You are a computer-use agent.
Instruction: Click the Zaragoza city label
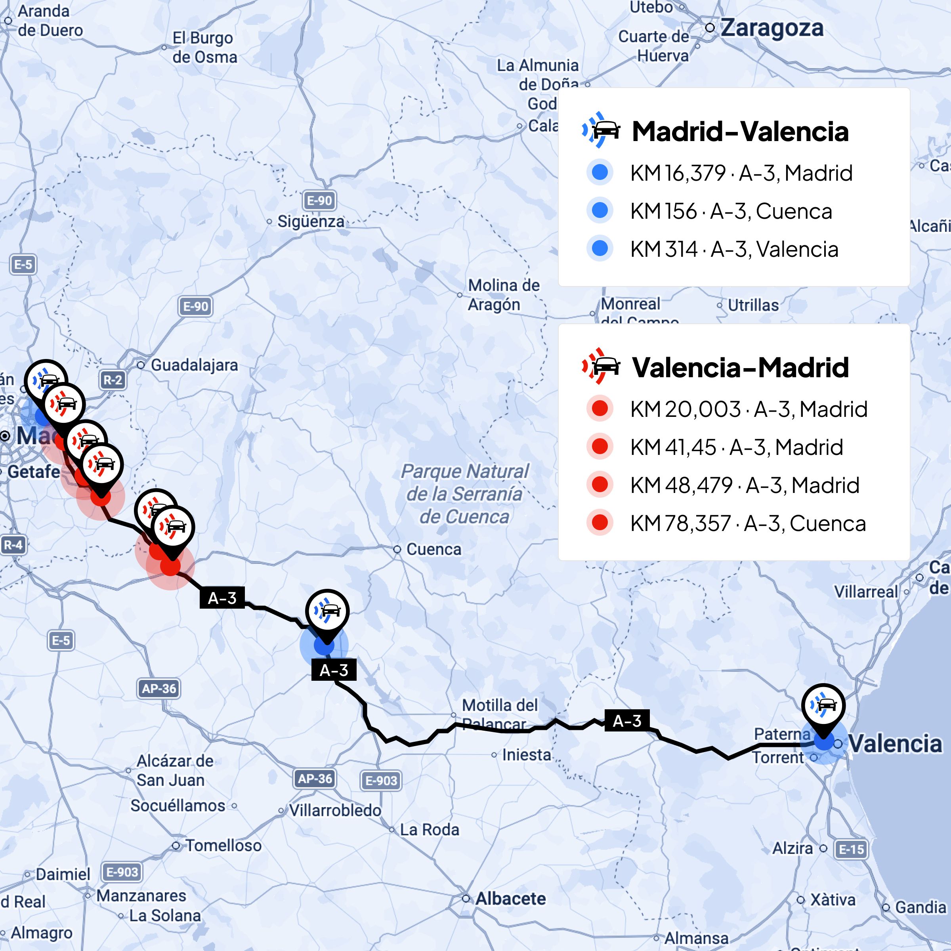(771, 28)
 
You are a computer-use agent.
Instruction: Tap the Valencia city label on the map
(894, 744)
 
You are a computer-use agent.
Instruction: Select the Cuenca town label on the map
(433, 549)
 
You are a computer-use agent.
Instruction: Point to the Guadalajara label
(194, 365)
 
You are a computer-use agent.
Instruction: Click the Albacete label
(510, 899)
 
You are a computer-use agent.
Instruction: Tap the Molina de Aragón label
(503, 295)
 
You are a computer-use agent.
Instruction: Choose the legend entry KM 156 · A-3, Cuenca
(731, 211)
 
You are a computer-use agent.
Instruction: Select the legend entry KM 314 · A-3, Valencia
(734, 249)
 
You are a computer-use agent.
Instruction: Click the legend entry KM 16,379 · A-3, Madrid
(741, 173)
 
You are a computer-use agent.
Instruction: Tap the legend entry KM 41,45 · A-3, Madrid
(736, 447)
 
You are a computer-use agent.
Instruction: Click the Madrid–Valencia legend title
(740, 132)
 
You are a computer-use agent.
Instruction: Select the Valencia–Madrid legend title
(740, 367)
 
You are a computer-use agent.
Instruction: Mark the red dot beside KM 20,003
(600, 409)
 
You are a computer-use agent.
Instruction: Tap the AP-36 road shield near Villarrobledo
(315, 779)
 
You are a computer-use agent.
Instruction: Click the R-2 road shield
(113, 380)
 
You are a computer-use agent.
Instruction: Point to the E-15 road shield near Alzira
(852, 849)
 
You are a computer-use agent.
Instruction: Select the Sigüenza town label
(311, 222)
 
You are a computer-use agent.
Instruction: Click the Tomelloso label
(223, 846)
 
